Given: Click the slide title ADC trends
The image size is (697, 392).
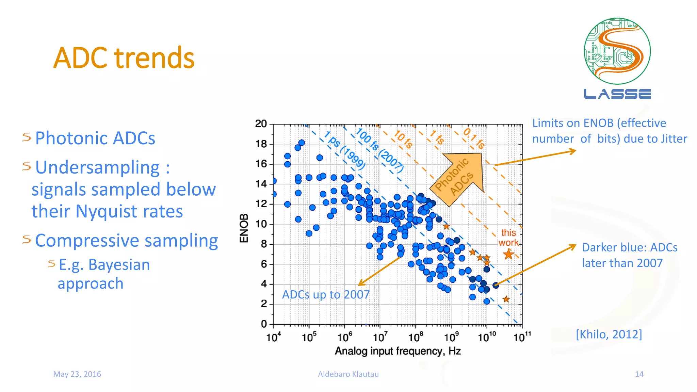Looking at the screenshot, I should (124, 58).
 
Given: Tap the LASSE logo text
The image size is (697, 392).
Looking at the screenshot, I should (617, 94).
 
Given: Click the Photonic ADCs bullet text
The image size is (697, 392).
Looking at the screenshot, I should (95, 138).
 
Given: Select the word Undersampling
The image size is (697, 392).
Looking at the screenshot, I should (97, 167).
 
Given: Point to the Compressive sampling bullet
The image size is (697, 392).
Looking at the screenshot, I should (126, 241).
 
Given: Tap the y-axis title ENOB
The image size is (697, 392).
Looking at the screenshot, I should (244, 228).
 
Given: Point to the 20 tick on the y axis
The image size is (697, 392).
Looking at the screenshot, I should (261, 124).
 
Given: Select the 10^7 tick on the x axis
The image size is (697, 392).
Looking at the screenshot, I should (380, 337).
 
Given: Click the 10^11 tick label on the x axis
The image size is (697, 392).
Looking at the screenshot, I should (522, 337).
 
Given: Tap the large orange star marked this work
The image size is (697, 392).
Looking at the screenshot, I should (508, 254).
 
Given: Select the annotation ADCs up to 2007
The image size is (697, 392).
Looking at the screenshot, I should (326, 295).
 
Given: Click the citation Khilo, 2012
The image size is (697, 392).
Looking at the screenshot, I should (609, 334).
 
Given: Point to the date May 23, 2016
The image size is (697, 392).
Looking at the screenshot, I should (77, 374).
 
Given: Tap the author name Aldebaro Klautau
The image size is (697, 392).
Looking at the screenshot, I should (348, 374).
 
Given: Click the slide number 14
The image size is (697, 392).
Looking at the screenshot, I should (639, 374).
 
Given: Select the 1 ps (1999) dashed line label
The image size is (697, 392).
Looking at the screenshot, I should (344, 150).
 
